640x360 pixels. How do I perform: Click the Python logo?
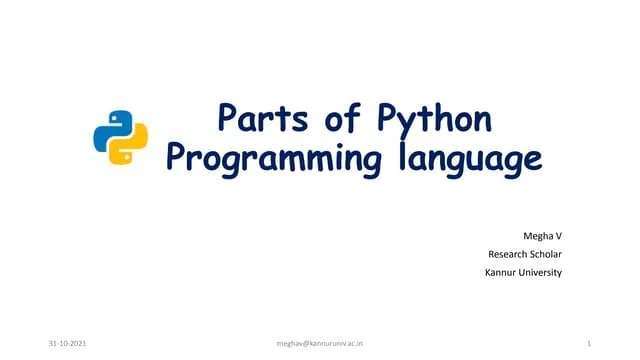[x=120, y=137]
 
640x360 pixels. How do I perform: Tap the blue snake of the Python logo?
[x=111, y=128]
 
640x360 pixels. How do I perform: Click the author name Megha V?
[x=543, y=235]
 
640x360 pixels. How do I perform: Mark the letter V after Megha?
[x=559, y=235]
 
